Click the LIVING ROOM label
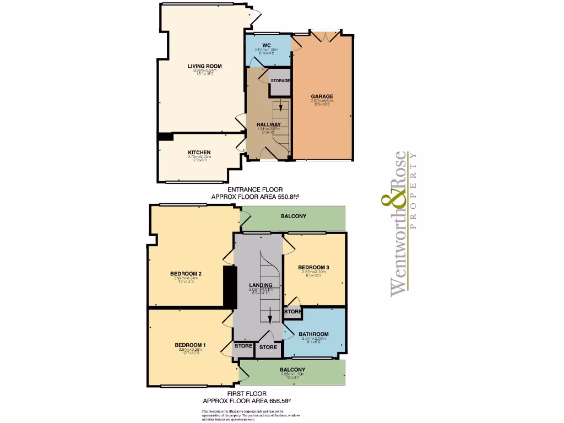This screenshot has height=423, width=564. pyautogui.click(x=201, y=66)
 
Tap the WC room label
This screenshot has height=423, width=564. pyautogui.click(x=266, y=45)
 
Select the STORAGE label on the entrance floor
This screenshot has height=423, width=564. pyautogui.click(x=280, y=81)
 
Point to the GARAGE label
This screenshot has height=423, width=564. pyautogui.click(x=322, y=97)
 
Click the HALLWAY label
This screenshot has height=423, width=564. pyautogui.click(x=269, y=124)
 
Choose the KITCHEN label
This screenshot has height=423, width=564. pyautogui.click(x=199, y=153)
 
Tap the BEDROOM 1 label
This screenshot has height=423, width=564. pyautogui.click(x=187, y=345)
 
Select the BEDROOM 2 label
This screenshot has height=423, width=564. pyautogui.click(x=185, y=274)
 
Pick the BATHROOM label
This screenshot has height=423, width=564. pyautogui.click(x=313, y=334)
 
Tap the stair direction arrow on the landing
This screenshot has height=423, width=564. pyautogui.click(x=269, y=319)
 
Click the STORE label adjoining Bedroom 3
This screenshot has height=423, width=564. pyautogui.click(x=293, y=312)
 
